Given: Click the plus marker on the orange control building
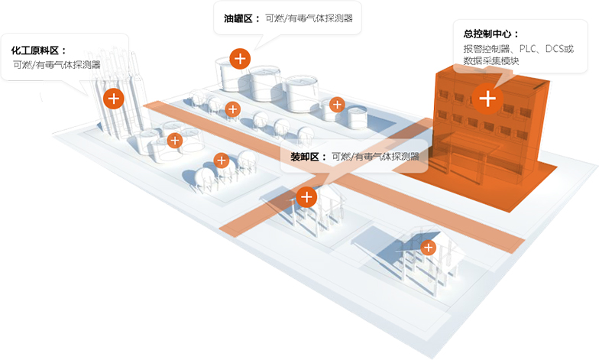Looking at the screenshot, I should tap(487, 98).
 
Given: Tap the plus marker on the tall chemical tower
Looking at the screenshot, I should tap(114, 98).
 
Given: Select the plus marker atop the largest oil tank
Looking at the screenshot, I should tap(240, 58).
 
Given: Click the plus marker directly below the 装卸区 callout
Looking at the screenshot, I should tap(306, 197).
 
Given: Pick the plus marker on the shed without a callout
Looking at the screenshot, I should tap(429, 248).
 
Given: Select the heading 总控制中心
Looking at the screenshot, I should tap(491, 34).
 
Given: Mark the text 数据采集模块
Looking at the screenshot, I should tap(491, 60).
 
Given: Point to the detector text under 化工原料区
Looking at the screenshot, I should tap(57, 65).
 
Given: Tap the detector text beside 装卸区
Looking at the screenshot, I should tap(375, 157).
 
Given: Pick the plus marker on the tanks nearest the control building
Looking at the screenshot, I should tap(336, 104).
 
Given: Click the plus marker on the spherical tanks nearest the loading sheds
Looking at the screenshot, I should tap(222, 160).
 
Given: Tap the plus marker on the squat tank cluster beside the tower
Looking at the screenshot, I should tap(175, 140).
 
